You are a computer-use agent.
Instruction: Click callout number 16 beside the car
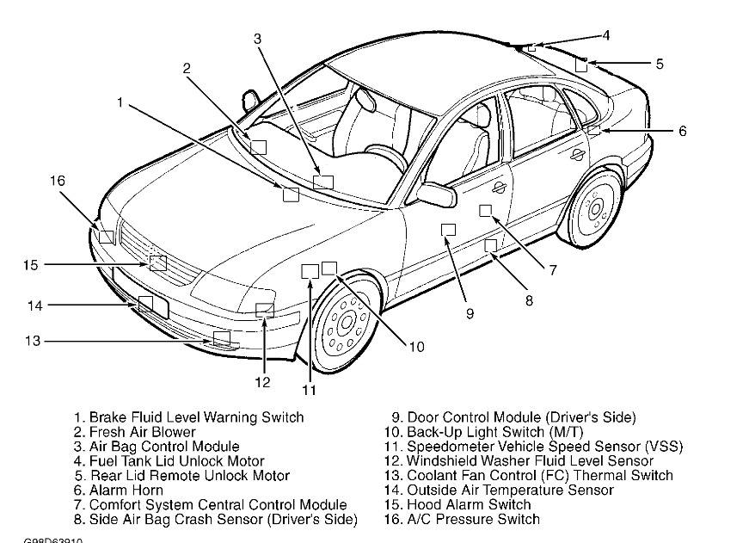click(57, 181)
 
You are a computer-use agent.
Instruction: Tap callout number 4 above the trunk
click(605, 35)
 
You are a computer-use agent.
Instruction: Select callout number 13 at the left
click(33, 341)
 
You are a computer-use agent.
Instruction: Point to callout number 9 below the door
click(470, 313)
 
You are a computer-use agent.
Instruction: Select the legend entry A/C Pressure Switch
click(461, 519)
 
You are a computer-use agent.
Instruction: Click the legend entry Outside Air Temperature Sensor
click(498, 490)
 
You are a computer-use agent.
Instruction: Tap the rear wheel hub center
click(593, 209)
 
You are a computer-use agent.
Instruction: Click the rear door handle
click(578, 152)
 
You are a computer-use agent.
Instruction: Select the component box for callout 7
click(486, 211)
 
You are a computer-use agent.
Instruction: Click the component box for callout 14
click(146, 303)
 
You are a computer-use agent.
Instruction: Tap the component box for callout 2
click(258, 145)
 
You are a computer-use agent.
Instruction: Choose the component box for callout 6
click(593, 130)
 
